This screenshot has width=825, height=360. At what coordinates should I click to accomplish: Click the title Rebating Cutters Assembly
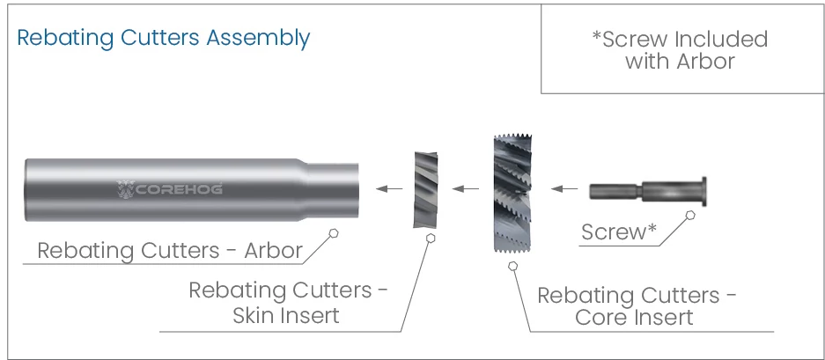tap(163, 38)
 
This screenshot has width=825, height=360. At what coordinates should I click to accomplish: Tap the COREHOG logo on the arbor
tap(169, 188)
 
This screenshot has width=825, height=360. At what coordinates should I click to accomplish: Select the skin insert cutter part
tap(426, 189)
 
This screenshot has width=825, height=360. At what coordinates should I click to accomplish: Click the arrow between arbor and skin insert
tap(389, 188)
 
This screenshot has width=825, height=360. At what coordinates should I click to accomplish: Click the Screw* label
tap(619, 232)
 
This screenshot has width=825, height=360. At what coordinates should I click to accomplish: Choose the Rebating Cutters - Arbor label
tap(170, 251)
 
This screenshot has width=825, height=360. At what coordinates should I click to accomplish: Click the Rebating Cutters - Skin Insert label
tap(288, 303)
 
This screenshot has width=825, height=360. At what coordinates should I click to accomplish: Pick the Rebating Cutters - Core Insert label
tap(637, 305)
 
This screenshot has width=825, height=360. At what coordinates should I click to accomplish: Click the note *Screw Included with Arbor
tap(679, 50)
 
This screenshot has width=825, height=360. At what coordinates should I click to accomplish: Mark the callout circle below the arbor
tap(333, 232)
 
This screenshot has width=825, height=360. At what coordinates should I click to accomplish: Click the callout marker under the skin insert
tap(430, 237)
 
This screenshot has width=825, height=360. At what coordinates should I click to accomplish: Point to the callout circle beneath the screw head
tap(690, 215)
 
